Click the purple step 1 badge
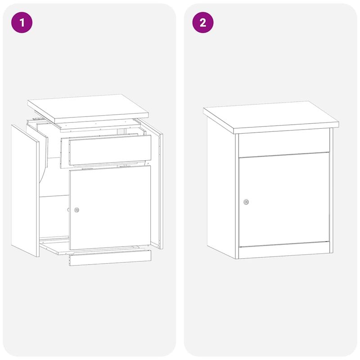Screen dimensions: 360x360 (23, 22)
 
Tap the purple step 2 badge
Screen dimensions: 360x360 (203, 22)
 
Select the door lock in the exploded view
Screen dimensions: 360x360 (76, 210)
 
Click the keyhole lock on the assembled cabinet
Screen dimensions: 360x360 (246, 202)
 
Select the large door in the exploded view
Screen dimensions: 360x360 (110, 207)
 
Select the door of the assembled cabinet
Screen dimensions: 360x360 (283, 200)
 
